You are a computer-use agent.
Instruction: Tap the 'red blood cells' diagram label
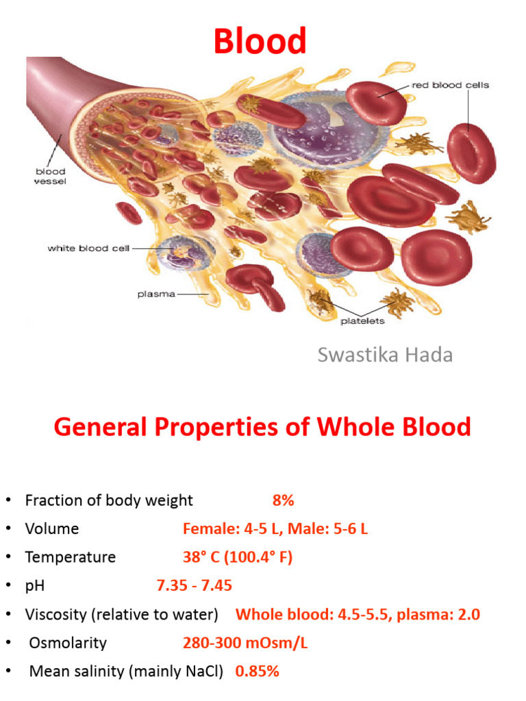(450, 86)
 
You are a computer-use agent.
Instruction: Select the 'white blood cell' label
(88, 248)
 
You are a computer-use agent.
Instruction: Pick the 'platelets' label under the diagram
(362, 320)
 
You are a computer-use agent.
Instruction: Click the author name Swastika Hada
(385, 355)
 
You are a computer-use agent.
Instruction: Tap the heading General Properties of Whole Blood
(262, 428)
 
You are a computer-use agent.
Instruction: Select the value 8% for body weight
(283, 500)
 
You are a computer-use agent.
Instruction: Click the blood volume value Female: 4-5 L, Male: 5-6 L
(275, 529)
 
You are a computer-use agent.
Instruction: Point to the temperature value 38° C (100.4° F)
(237, 557)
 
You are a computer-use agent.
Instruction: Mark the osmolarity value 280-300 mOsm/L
(239, 643)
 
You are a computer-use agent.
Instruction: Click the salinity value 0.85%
(257, 672)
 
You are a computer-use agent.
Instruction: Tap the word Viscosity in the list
(56, 615)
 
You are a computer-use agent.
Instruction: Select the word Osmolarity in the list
(68, 643)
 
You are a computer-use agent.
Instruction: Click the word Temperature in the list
(70, 557)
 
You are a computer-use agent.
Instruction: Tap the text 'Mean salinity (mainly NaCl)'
(126, 672)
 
